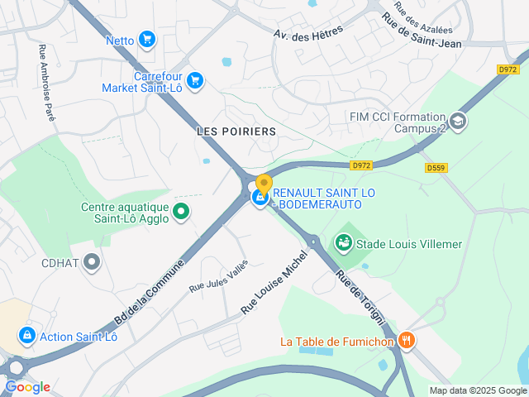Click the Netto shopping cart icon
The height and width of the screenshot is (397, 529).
pos(147,39)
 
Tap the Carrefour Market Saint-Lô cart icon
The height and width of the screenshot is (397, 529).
pos(195,80)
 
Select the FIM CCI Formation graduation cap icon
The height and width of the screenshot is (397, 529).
pos(459,122)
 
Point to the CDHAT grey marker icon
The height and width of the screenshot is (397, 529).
pos(93,263)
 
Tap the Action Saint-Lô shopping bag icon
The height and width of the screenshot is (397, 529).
pos(26,335)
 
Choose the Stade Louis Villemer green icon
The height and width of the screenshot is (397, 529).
pos(343,243)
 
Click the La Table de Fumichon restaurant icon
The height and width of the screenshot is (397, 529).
pos(406,340)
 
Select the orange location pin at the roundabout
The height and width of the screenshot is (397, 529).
pos(264,184)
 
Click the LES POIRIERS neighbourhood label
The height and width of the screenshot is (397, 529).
pos(225,132)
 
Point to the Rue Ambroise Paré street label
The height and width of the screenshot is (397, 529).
pos(46,84)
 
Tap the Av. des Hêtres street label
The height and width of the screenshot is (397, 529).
pos(308,31)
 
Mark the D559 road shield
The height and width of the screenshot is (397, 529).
pos(436,168)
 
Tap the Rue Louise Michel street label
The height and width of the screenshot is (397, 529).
pos(274,282)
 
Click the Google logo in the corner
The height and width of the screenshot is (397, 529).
pos(27,386)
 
